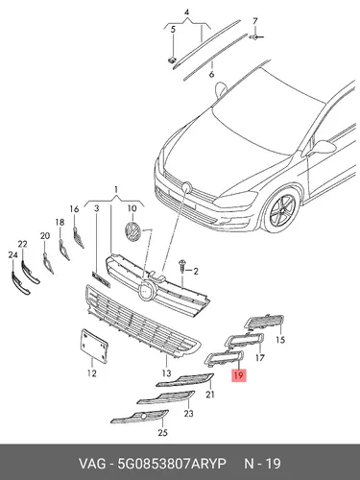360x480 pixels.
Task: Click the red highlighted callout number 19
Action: pos(239,375)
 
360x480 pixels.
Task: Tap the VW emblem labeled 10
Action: pos(132,231)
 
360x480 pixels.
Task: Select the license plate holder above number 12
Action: pos(94,346)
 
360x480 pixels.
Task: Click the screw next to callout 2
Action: pos(182,266)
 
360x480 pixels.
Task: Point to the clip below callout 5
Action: pos(173,60)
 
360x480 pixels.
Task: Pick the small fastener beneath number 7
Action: pos(254,37)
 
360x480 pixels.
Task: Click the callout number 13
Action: pos(166,372)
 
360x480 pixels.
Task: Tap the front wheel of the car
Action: pos(281,209)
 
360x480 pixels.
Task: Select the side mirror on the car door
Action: pos(323,148)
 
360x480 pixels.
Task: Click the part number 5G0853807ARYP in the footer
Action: pos(172,464)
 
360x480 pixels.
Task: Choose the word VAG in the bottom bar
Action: pos(92,464)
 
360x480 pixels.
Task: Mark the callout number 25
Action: pos(162,433)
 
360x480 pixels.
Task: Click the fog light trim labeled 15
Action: pos(264,322)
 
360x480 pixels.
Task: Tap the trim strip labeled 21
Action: pos(185,380)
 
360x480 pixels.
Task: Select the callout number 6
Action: pos(211,75)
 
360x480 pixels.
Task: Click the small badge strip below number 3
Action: pos(101,279)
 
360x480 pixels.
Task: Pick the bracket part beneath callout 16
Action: pos(79,237)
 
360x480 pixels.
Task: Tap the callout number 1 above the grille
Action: pos(116,190)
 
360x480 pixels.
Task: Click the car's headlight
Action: pos(236,199)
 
